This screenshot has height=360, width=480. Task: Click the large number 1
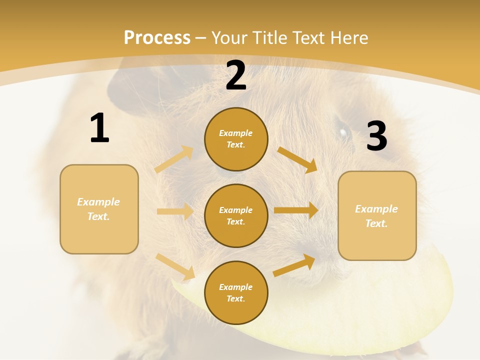tap(99, 128)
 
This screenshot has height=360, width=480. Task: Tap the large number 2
tap(236, 76)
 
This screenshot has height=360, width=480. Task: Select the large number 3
tap(376, 136)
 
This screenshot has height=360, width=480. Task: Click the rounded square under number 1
tap(99, 209)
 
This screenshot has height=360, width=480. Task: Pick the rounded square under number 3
tap(377, 215)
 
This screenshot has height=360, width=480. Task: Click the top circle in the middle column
tap(236, 139)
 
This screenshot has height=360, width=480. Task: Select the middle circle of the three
tap(236, 215)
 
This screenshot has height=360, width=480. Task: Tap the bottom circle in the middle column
tap(236, 292)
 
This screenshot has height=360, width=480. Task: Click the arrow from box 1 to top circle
tap(174, 159)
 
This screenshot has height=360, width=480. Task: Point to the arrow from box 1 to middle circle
tap(175, 211)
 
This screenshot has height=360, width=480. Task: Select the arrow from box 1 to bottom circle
tap(175, 266)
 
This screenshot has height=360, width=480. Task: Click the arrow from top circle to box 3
tap(297, 159)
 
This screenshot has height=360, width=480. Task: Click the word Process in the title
tap(157, 37)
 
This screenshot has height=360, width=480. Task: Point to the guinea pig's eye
tap(343, 132)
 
